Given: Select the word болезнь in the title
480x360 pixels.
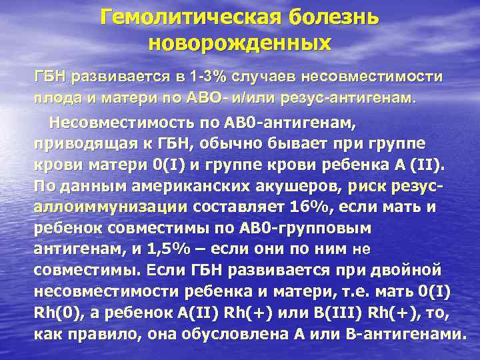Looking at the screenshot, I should coord(331,16).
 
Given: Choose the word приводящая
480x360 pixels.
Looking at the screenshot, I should coord(81,144).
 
